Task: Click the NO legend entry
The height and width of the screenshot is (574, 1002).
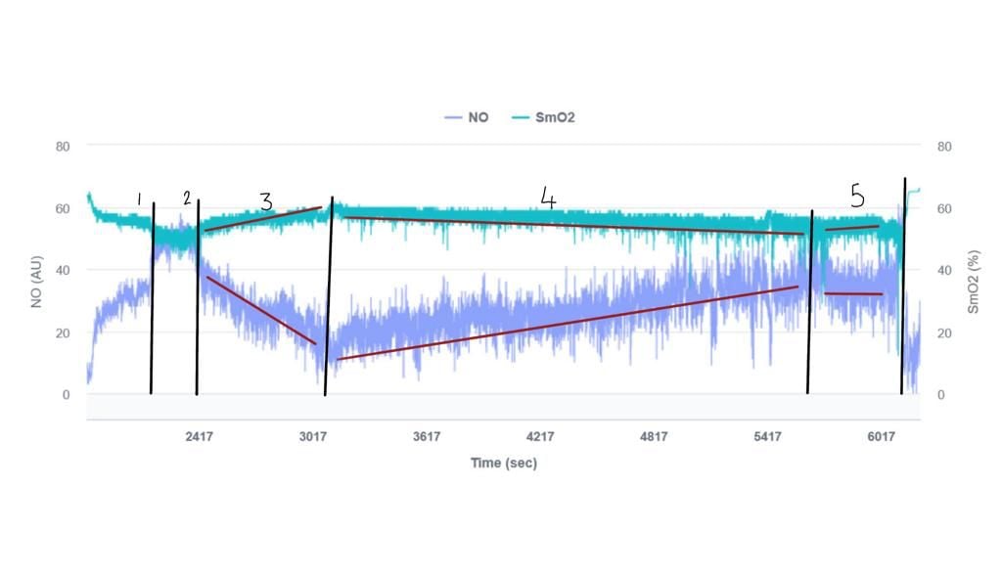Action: pos(467,117)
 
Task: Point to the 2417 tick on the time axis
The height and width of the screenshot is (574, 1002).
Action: pos(199,437)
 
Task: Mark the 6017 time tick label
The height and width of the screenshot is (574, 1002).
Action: pos(882,437)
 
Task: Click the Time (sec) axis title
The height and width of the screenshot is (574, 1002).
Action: pos(503,464)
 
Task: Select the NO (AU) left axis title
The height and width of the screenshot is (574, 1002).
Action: pos(37,270)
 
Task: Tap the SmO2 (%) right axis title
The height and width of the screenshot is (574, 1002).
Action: pos(974,270)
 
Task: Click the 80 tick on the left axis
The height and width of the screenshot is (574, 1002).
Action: pos(64,147)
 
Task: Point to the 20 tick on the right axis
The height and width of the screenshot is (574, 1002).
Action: pos(944,332)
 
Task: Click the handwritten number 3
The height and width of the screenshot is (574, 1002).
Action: pos(265,202)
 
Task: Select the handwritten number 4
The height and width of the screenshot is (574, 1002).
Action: pos(548,199)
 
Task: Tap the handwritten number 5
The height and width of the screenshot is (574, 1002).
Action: pos(857,197)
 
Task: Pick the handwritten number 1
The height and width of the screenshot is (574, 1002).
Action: pos(139,199)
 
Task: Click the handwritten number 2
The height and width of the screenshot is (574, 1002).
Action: pos(186,199)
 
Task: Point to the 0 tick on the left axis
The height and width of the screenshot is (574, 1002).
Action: pos(67,395)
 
